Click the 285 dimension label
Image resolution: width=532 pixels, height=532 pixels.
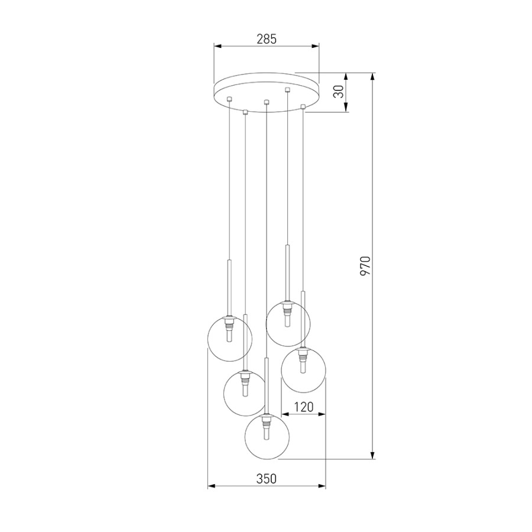point(267,40)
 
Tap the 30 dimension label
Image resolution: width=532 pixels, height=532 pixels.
point(339,91)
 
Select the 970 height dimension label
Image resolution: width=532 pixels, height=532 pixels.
point(366,265)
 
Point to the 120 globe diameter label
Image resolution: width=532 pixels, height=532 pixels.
point(304,407)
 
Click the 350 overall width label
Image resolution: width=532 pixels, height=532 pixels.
point(267,479)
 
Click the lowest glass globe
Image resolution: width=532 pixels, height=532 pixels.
point(267,437)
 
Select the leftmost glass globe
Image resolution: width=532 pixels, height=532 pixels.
point(230,339)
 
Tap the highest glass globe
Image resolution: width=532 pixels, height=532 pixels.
point(288,324)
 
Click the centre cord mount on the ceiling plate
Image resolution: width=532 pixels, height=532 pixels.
point(267,102)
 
